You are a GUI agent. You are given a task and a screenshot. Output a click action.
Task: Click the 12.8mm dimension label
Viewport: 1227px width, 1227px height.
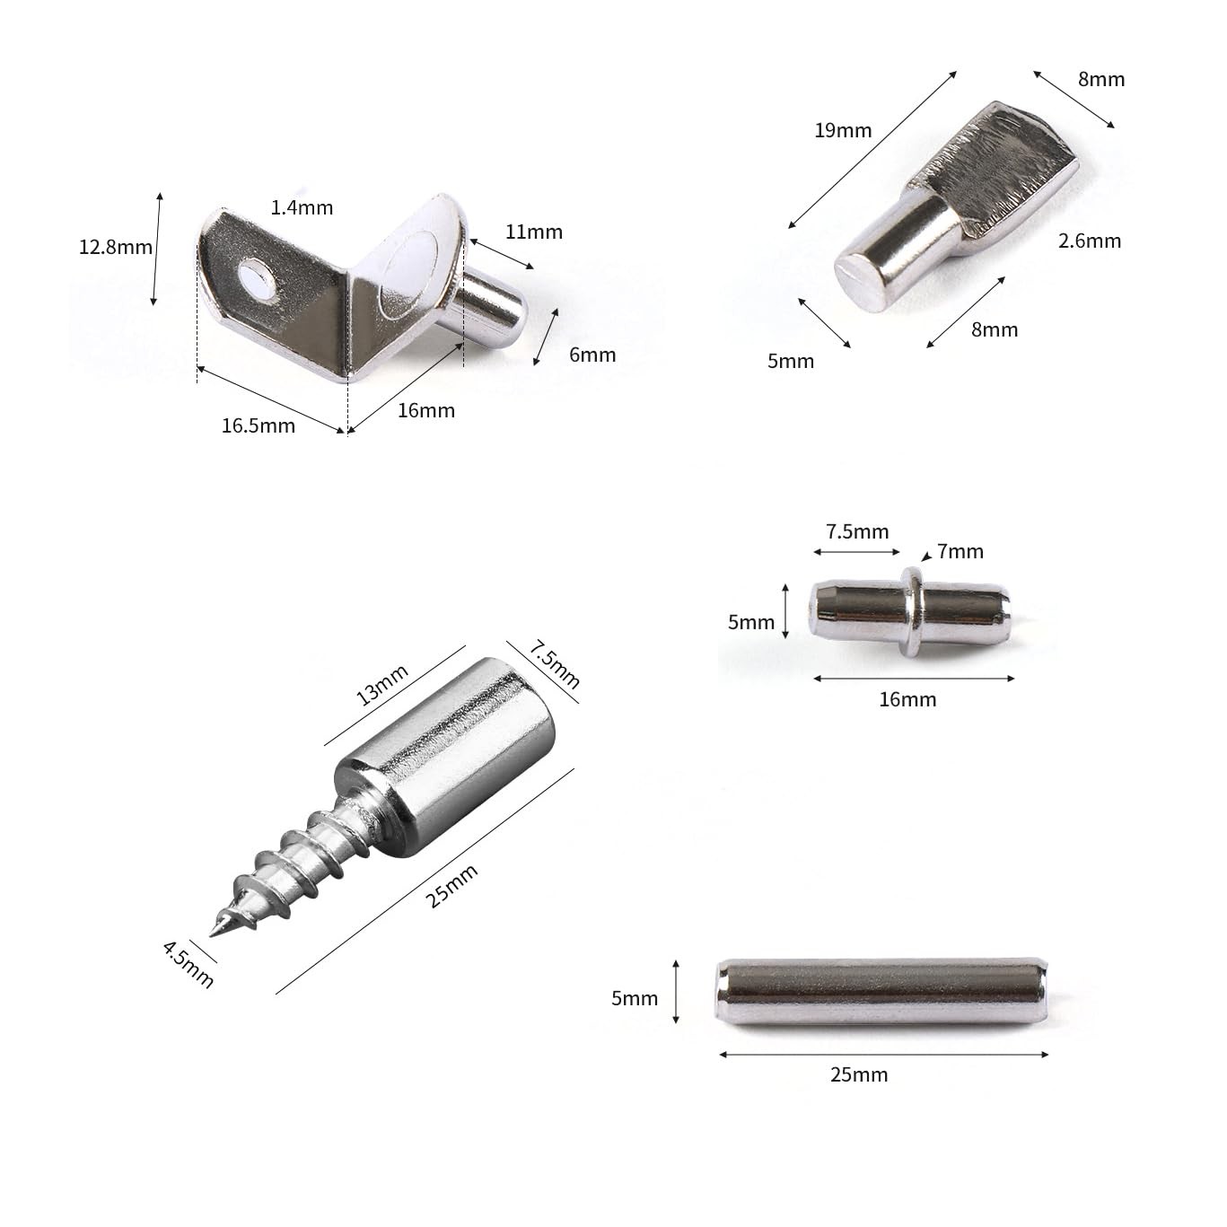click(115, 247)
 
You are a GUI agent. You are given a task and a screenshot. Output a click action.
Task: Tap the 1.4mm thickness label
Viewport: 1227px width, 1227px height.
click(302, 207)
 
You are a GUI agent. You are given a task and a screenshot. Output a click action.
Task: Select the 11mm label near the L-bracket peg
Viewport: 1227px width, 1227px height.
click(533, 232)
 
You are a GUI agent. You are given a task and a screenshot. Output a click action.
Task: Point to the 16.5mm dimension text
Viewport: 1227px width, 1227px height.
click(259, 425)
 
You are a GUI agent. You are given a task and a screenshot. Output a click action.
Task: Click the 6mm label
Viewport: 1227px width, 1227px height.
click(592, 355)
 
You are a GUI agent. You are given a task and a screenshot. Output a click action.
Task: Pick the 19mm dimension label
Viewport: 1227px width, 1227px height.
click(843, 130)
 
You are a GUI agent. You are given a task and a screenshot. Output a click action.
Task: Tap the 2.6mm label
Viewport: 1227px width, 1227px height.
click(1090, 241)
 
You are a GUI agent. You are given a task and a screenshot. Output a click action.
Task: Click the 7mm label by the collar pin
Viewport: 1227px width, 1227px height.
click(960, 551)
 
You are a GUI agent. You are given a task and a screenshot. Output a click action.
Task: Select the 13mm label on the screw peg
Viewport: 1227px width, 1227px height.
click(382, 685)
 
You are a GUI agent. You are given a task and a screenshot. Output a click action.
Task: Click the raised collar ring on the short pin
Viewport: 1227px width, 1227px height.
click(911, 611)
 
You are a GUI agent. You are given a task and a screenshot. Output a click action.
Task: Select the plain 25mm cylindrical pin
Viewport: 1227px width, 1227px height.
click(881, 993)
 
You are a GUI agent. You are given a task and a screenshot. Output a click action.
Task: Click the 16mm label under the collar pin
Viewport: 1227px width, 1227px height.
click(907, 699)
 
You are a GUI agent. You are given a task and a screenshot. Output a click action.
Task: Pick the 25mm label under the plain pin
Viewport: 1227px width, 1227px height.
click(859, 1074)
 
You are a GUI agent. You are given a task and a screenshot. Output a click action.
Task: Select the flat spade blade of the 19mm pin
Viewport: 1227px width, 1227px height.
click(996, 171)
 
